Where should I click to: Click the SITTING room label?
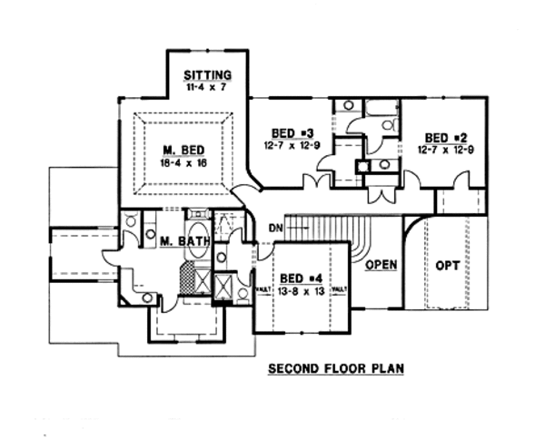[207, 74]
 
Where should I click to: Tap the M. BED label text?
[183, 150]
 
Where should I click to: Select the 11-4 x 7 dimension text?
[207, 89]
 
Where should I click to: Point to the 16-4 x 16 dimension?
[183, 164]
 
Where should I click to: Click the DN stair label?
[276, 228]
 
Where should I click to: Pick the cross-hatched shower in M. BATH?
[189, 276]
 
